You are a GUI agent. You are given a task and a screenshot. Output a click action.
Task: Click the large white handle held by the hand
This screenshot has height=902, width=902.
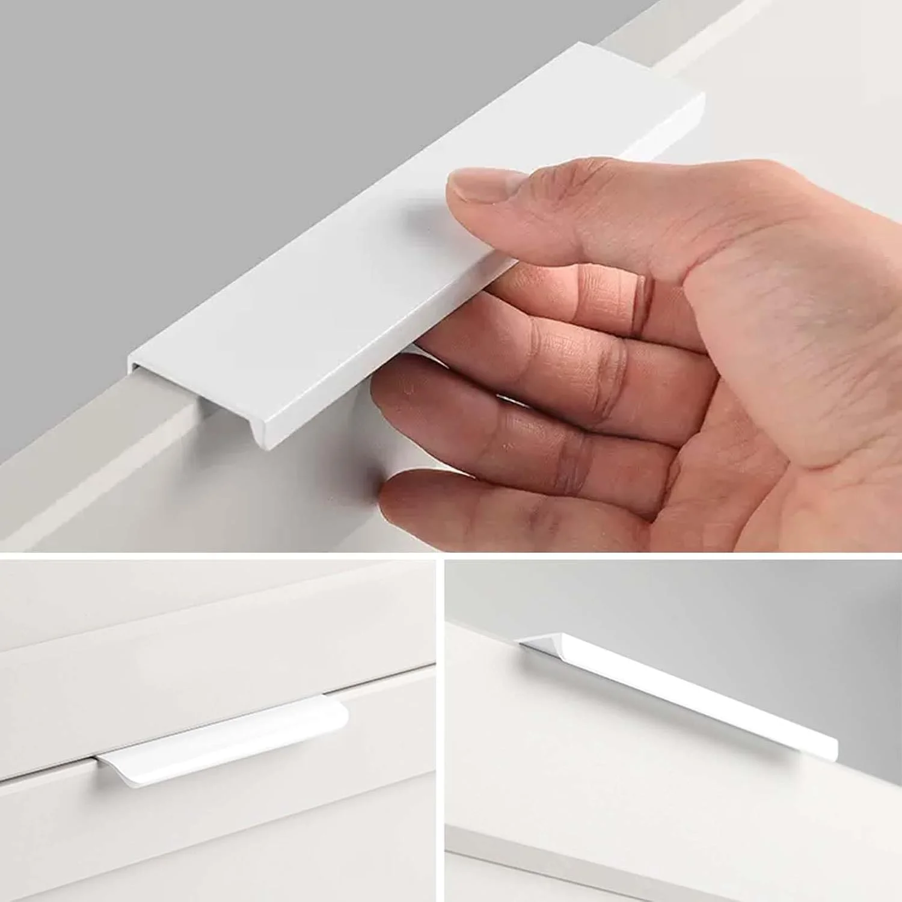[361, 271]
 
